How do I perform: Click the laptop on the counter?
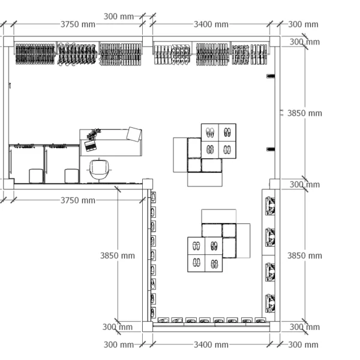pos(90,146)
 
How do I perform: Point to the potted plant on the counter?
pos(94,134)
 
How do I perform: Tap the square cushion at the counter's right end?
pos(134,134)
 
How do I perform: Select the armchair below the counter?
pos(99,169)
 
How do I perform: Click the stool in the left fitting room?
pos(36,176)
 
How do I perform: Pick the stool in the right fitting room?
pos(72,176)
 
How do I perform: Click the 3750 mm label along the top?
pos(78,25)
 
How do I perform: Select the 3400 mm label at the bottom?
pos(211,344)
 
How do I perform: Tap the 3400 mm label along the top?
pos(211,25)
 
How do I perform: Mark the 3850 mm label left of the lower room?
pos(118,256)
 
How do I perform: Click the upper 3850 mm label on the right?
pos(305,113)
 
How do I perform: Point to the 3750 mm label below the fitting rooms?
pos(78,200)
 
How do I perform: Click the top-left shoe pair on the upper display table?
pos(210,133)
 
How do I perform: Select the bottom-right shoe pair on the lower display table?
pos(214,263)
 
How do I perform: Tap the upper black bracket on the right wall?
pos(271,76)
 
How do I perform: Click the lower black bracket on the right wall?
pos(271,149)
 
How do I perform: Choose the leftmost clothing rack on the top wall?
pos(35,54)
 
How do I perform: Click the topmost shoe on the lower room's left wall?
pos(153,197)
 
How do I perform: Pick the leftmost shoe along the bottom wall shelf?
pos(163,320)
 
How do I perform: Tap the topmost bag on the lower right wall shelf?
pos(270,206)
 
